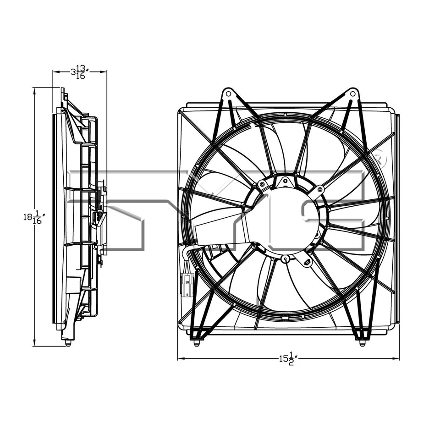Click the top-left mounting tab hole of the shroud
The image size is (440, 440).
pos(228,94)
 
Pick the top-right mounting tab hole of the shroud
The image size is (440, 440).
pos(352,94)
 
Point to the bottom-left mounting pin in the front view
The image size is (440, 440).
pos(197,342)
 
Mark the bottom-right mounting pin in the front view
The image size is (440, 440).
pos(362,342)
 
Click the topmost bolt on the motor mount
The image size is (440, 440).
pos(285,180)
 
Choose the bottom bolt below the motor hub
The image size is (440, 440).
pos(286,259)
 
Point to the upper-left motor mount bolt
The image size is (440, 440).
pos(262,184)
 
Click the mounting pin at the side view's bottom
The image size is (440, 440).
pos(68,342)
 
